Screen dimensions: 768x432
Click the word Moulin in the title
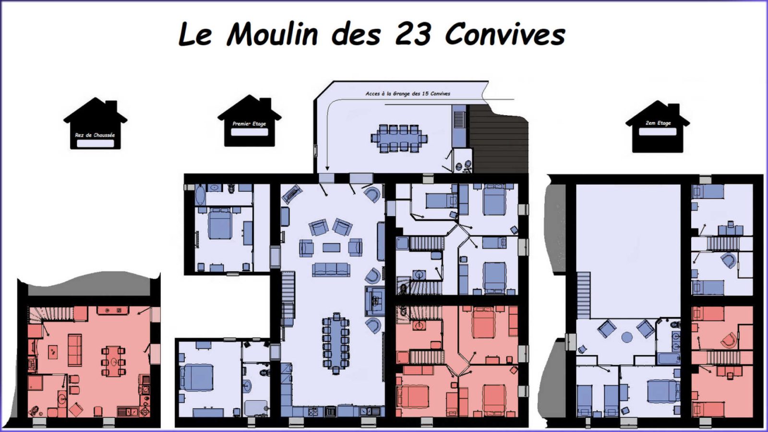coord(272,34)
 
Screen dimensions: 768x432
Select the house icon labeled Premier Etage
coord(249,120)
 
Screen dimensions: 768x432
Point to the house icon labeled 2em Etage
coord(658,127)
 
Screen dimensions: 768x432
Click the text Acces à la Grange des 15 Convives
coord(408,94)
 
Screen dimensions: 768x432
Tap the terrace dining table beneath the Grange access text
coord(399,139)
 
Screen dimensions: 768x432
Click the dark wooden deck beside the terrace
coord(499,139)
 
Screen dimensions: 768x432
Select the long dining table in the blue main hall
coord(336,343)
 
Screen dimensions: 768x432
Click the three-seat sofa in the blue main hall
coord(331,269)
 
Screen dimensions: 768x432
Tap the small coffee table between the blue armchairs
coord(331,248)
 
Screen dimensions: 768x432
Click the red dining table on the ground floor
coord(113,361)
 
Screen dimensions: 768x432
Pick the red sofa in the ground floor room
coord(75,350)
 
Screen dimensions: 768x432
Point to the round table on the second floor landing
coord(627,337)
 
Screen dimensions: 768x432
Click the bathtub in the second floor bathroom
coord(669,359)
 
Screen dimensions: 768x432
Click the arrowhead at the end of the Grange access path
coord(327,168)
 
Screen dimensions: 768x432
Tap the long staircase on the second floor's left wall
coord(584,295)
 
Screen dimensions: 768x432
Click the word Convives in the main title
coord(505,35)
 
